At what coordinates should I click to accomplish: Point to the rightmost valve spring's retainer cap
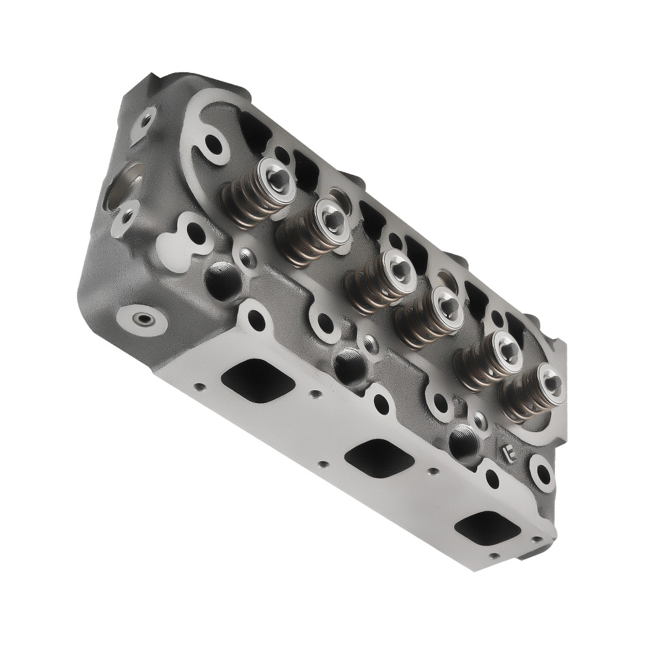tap(551, 381)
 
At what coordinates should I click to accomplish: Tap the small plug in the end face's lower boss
tap(143, 319)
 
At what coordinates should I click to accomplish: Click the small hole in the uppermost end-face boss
tap(146, 120)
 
